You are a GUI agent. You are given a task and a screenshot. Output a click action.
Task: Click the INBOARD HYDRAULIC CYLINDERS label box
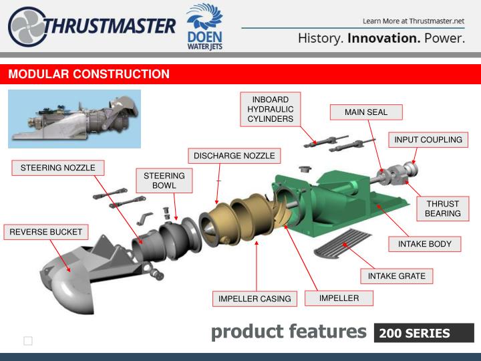coord(271,109)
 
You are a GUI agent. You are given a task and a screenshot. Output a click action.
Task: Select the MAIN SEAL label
coord(365,112)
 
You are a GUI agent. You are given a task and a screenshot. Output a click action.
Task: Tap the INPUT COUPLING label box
coord(428,140)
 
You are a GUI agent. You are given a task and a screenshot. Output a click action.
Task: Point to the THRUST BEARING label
coord(442,209)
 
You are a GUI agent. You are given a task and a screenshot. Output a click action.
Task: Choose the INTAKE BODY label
coord(425,244)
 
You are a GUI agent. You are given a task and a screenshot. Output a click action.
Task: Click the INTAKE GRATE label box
coord(397,275)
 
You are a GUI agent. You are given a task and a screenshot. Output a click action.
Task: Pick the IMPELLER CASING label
coord(255,299)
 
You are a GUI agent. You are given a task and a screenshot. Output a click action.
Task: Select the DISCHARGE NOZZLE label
coord(234,156)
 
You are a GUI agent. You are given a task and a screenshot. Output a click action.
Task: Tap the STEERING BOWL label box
coord(164,180)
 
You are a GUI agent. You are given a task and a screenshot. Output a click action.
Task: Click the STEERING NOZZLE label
coord(57,167)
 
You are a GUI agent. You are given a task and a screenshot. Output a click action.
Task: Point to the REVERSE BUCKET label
coord(45,232)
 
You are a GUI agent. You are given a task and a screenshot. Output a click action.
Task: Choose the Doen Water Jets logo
coord(204,27)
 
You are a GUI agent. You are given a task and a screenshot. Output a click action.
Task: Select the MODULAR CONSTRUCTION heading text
coord(89,74)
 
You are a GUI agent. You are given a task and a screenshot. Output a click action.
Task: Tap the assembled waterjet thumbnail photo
coord(74,118)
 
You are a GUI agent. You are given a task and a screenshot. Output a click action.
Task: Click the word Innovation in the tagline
coord(384,38)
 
